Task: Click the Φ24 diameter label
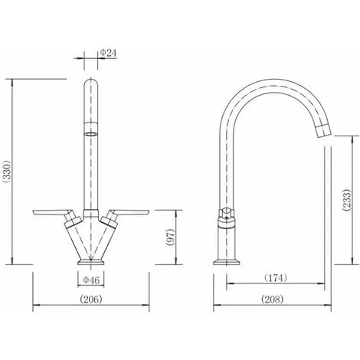point(108,53)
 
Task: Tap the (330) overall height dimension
point(6,172)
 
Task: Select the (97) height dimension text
point(170,237)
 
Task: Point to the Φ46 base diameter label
point(91,280)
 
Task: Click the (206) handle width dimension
point(91,299)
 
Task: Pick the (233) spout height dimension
point(347,200)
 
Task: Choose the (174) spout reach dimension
point(276,277)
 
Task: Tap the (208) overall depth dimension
point(273,299)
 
